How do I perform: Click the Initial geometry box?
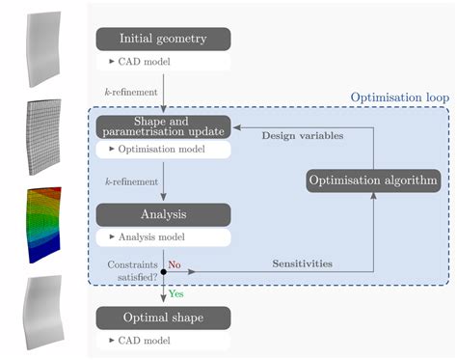(x=162, y=39)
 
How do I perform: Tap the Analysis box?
(x=162, y=213)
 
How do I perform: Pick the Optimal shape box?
(x=162, y=318)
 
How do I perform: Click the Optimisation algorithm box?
(x=372, y=180)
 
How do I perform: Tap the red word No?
(x=175, y=262)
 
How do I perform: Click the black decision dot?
(x=162, y=272)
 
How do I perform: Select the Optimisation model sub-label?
(x=162, y=150)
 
